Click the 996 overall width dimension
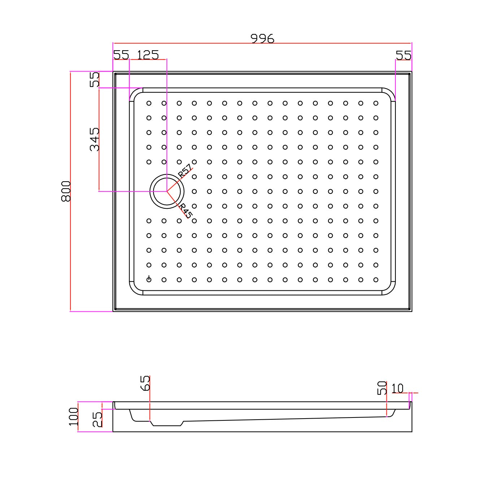(x=262, y=39)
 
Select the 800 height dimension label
(x=66, y=191)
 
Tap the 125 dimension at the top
(x=148, y=55)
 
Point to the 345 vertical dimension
(x=94, y=139)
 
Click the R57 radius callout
(x=185, y=171)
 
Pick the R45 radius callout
(x=185, y=211)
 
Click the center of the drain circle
(x=167, y=191)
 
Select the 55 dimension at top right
(x=403, y=55)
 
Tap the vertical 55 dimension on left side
(x=94, y=79)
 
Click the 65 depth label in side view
(x=145, y=383)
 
